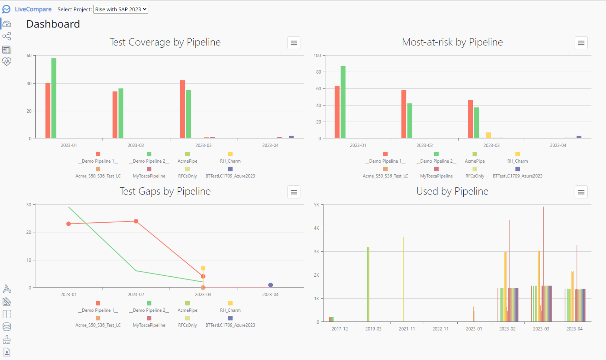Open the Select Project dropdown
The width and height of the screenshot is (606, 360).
121,9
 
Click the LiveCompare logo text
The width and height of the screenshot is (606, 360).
33,9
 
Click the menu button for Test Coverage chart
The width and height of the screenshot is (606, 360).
294,43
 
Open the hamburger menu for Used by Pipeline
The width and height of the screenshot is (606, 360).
581,192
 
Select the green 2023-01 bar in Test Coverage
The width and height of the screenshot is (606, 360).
54,98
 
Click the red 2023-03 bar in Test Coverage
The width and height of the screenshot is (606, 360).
182,109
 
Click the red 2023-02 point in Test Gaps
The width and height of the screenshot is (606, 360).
136,221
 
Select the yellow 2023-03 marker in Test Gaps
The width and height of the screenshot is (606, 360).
203,268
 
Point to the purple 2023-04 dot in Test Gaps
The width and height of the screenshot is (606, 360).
270,285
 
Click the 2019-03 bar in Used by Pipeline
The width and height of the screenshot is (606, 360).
368,284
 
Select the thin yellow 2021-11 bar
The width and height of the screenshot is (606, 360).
403,279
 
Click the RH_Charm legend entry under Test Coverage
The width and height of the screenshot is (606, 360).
230,158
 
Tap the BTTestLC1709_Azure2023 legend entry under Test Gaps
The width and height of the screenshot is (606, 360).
230,322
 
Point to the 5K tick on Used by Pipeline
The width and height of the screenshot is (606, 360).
317,205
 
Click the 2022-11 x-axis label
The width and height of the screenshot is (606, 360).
440,329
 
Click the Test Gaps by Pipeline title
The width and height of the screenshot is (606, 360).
165,191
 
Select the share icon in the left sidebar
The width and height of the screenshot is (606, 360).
7,36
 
